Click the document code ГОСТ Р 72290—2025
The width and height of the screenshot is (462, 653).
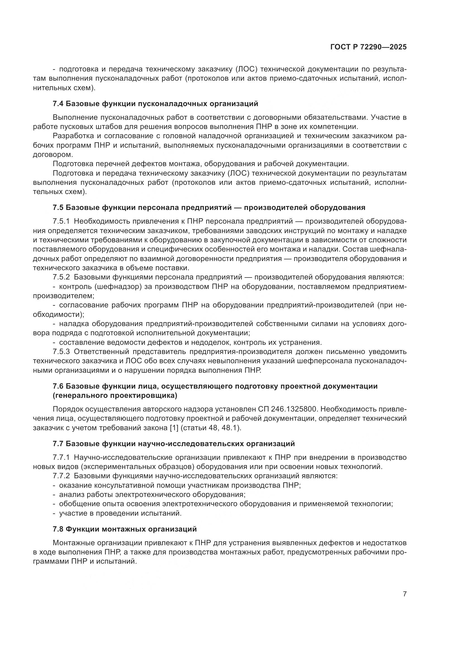click(368, 47)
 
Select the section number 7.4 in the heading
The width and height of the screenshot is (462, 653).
click(58, 104)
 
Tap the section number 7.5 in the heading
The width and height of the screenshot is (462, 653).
click(58, 208)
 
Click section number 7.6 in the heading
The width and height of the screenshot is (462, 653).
click(58, 386)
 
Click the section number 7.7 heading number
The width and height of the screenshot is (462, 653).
click(58, 444)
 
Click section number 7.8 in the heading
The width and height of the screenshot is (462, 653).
click(58, 529)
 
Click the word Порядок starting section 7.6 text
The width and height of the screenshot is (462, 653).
click(67, 409)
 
